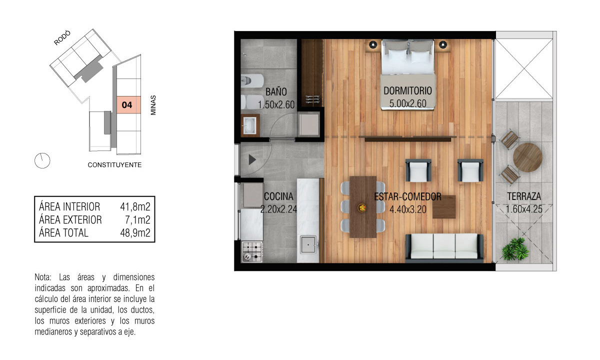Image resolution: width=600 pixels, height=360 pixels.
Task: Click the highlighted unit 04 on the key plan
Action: point(128,104)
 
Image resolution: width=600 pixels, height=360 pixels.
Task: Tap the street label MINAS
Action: point(153,105)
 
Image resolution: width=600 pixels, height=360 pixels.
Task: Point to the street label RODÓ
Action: point(62,38)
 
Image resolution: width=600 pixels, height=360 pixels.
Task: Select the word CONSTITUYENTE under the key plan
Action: point(114,165)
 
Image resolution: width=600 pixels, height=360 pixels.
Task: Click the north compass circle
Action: point(42,160)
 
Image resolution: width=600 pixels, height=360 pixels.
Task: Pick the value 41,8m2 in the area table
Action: point(135,207)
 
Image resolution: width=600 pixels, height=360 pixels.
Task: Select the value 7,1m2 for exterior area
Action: point(137,220)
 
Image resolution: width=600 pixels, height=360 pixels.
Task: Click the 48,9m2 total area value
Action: point(135,233)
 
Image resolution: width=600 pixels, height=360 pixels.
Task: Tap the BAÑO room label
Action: point(276,92)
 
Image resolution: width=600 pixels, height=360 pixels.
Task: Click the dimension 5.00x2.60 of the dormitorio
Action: point(407,103)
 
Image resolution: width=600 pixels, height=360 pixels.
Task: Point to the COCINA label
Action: point(278,196)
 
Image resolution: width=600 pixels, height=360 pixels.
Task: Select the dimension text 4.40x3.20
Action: point(407,209)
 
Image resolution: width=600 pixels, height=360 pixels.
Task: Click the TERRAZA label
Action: point(524,196)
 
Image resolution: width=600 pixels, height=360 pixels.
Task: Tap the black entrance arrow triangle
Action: point(252,159)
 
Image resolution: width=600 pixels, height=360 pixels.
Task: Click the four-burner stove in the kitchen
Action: point(252,251)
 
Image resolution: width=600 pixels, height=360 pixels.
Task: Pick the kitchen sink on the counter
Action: point(308,244)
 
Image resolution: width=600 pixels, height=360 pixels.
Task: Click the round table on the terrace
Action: point(527,157)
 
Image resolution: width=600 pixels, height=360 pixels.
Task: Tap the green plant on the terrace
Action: point(515,249)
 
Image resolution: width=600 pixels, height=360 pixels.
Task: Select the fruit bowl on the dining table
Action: point(362,207)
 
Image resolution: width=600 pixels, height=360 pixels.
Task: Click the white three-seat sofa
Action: point(444,246)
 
